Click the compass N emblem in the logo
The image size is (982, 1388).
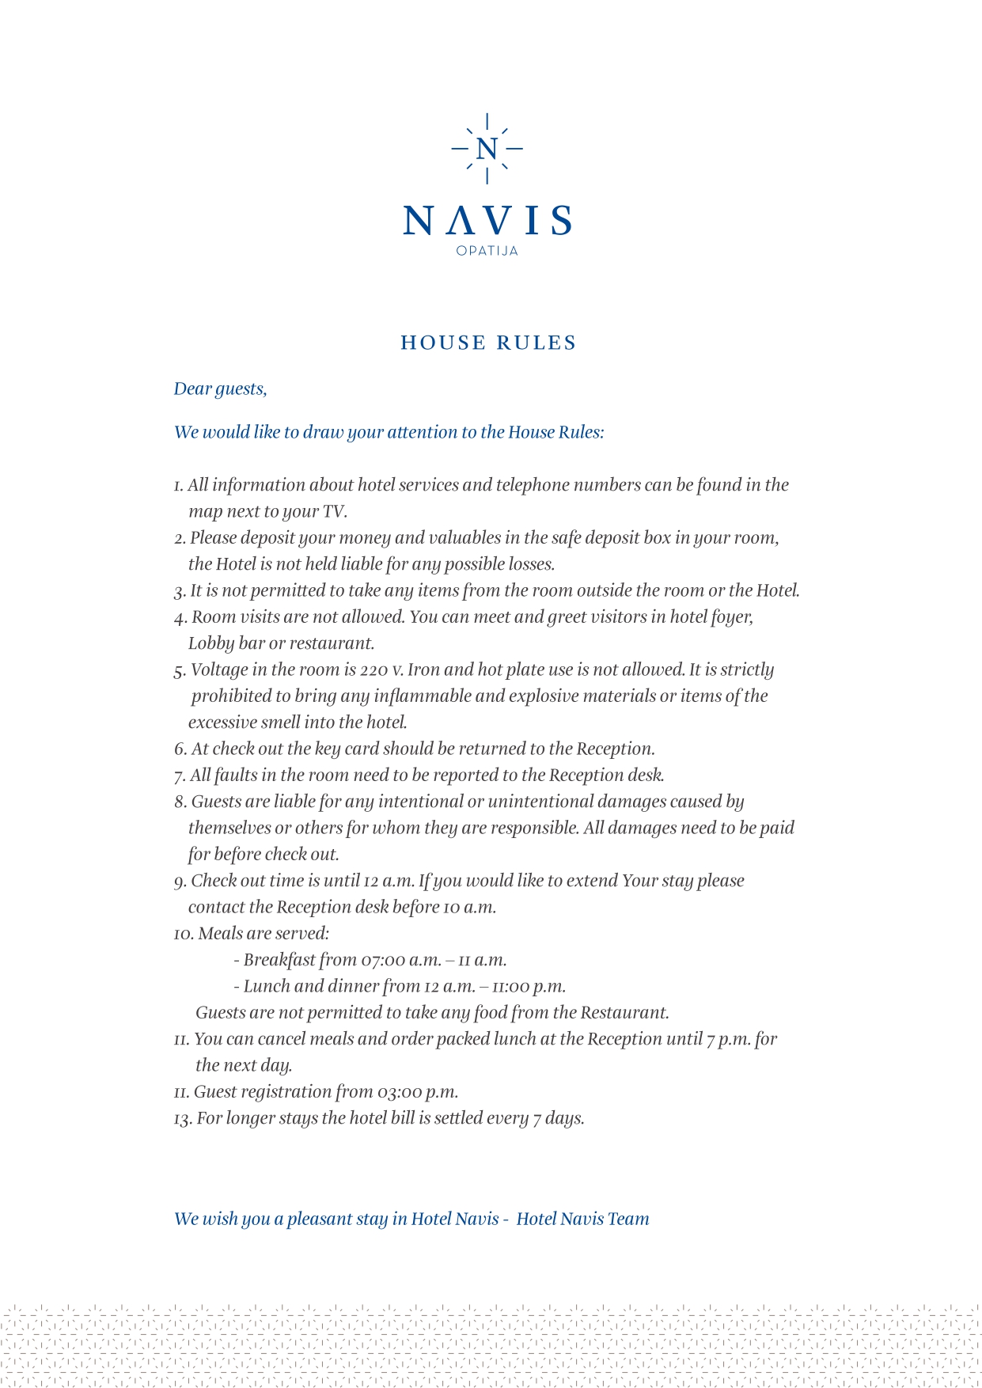click(487, 149)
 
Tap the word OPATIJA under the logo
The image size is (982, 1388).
click(487, 251)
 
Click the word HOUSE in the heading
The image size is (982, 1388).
click(443, 343)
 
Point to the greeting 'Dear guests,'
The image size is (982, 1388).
click(220, 389)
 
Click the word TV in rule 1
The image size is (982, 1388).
click(333, 511)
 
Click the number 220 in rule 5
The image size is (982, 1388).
click(373, 670)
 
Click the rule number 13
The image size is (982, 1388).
click(182, 1119)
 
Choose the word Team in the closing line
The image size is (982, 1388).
click(628, 1219)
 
